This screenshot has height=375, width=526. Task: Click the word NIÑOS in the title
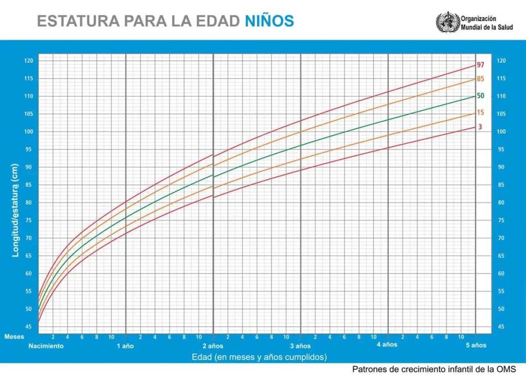[x=269, y=21]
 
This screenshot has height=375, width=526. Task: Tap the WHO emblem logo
[x=448, y=22]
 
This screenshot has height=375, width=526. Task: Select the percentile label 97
[x=481, y=65]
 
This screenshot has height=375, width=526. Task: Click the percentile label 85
[x=481, y=79]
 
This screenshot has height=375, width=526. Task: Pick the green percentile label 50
[x=481, y=96]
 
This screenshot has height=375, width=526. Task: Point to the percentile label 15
[x=481, y=113]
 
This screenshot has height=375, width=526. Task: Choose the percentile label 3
[x=480, y=126]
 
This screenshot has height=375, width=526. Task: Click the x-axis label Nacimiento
[x=46, y=346]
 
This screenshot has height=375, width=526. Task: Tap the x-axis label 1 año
[x=125, y=346]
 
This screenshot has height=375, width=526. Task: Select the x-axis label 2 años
[x=213, y=346]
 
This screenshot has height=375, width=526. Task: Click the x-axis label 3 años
[x=300, y=346]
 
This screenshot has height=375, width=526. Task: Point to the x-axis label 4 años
[x=387, y=345]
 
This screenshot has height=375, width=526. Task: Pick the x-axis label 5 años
[x=476, y=345]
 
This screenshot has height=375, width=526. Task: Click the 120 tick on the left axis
[x=29, y=61]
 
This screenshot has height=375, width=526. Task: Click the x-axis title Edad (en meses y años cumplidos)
[x=259, y=357]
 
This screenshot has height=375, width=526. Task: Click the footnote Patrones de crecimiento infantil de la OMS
[x=434, y=369]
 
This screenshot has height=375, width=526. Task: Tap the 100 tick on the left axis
[x=29, y=132]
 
